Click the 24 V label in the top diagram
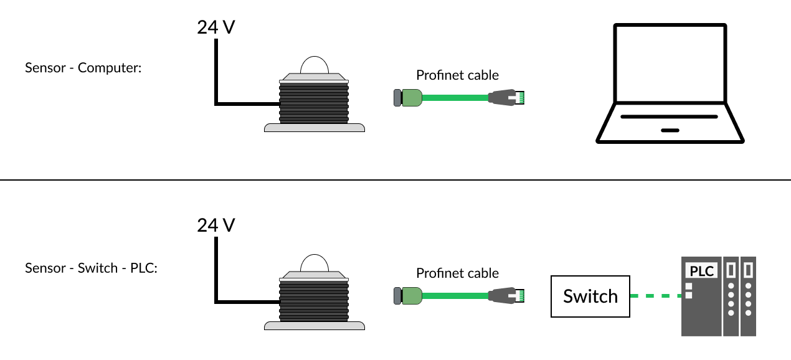pos(216,29)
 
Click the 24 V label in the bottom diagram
pos(216,225)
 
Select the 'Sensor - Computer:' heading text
pos(83,67)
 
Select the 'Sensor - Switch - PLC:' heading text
pos(92,268)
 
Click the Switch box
pos(590,296)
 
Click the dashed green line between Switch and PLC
pos(656,296)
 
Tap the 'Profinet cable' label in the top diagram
pos(457,75)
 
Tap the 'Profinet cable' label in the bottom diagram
pos(457,273)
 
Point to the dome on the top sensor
pos(315,65)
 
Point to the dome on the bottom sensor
pos(315,263)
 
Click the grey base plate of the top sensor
pos(315,128)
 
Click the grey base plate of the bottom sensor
pos(315,325)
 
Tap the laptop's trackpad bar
pos(670,130)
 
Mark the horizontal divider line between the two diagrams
pos(395,180)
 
